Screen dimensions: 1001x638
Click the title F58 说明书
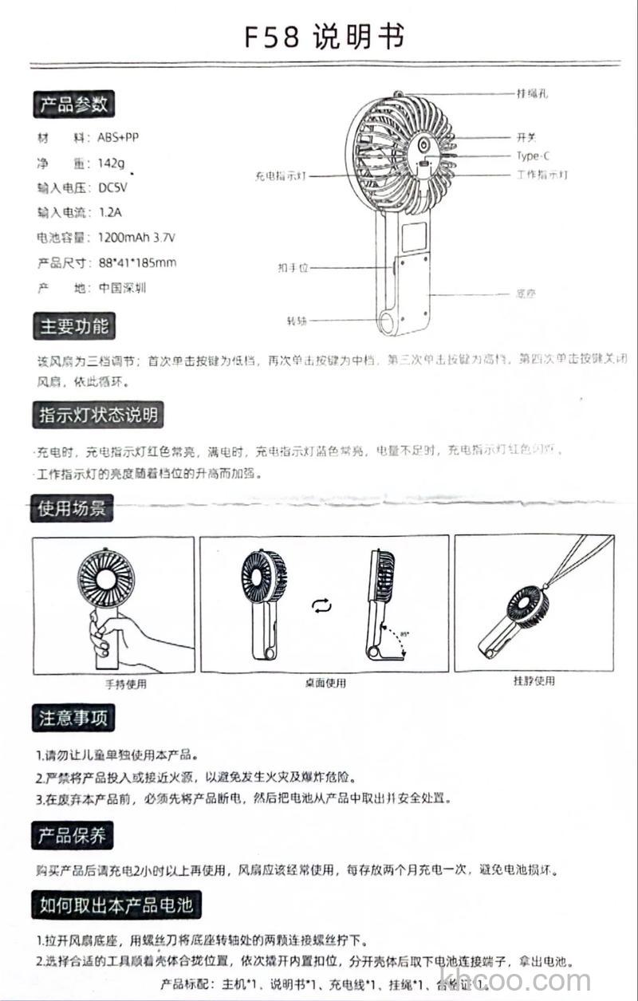(325, 37)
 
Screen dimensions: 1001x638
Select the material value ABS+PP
(118, 137)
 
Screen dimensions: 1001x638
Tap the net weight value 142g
(112, 164)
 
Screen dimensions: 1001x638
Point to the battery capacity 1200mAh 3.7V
(136, 238)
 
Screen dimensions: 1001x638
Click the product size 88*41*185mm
(137, 262)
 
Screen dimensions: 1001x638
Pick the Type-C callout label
(533, 156)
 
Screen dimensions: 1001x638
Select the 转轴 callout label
(297, 321)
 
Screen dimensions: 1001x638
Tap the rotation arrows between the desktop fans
(321, 607)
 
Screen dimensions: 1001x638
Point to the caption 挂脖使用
(534, 681)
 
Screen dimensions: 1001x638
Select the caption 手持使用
(126, 684)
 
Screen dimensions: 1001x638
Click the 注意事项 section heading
(73, 718)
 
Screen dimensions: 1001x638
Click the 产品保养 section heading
(73, 836)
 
